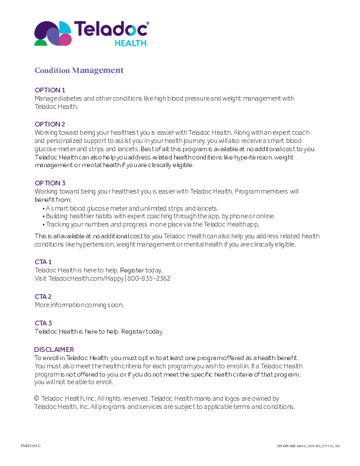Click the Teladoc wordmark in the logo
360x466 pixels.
click(111, 29)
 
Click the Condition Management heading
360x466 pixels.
click(79, 71)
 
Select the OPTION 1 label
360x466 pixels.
click(50, 90)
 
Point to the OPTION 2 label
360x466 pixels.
click(50, 124)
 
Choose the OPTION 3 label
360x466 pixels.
click(50, 183)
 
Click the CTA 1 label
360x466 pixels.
click(44, 262)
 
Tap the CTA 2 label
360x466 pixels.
click(44, 297)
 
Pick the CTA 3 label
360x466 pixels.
click(44, 323)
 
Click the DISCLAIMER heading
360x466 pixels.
click(54, 349)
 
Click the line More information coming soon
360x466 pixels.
click(79, 305)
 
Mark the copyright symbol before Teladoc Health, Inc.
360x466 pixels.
click(36, 398)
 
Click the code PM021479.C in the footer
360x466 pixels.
click(31, 446)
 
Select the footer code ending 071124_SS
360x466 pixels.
click(308, 447)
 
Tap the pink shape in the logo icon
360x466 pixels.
click(66, 39)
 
